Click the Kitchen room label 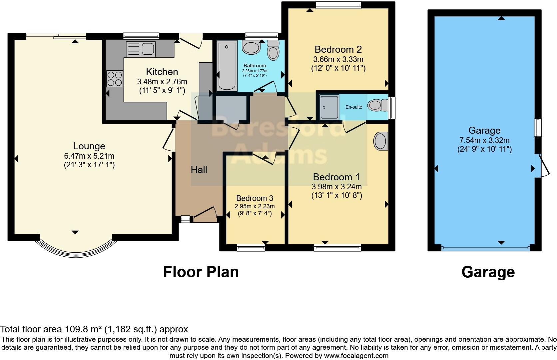tap(162, 72)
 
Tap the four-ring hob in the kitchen tap(114, 79)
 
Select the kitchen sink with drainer tap(141, 49)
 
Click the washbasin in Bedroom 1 tap(381, 141)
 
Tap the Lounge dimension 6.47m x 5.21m tap(89, 156)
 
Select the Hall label tap(199, 170)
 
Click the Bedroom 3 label tap(255, 198)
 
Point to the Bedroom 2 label tap(338, 49)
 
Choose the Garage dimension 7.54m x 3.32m tap(484, 140)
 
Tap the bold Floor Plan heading tap(201, 272)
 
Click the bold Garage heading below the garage tap(488, 272)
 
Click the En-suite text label tap(353, 107)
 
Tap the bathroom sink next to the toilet tap(251, 48)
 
